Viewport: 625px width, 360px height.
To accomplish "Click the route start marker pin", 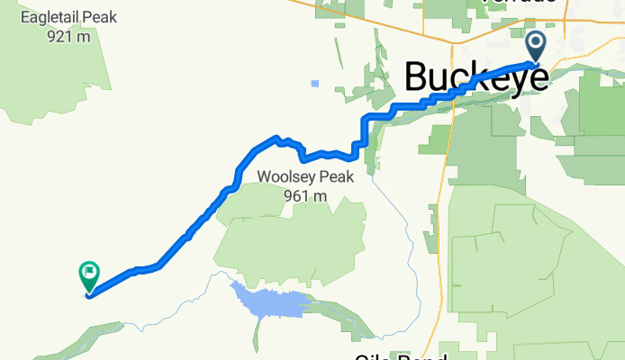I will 535,46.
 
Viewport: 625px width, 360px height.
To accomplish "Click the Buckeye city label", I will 476,77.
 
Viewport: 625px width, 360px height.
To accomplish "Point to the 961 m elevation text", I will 303,195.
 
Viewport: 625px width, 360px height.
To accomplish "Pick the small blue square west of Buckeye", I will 314,84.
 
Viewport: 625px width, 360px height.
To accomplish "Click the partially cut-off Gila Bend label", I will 401,356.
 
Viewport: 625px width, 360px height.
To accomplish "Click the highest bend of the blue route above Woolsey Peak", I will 275,138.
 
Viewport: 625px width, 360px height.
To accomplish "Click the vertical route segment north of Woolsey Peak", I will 363,132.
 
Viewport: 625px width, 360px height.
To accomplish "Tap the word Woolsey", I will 284,177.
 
